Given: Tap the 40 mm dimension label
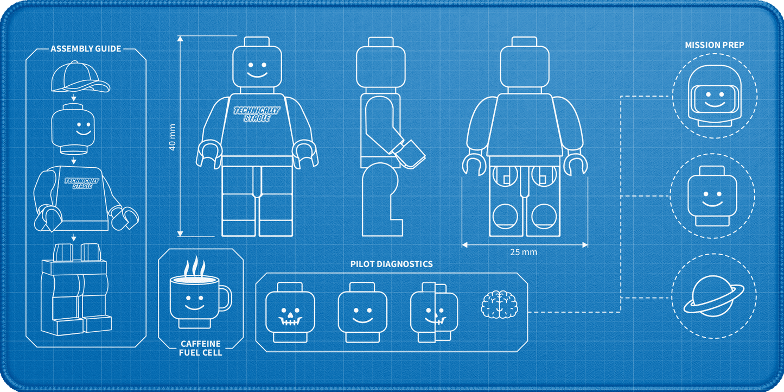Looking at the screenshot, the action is tap(172, 137).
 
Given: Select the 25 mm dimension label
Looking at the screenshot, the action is tap(523, 252).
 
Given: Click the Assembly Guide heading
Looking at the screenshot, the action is tap(86, 49).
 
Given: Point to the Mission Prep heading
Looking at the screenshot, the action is tap(715, 45).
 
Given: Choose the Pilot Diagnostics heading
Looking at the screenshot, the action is tap(391, 264).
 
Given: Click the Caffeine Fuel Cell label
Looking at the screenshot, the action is tap(201, 348).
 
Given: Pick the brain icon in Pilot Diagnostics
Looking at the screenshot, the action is tap(500, 305).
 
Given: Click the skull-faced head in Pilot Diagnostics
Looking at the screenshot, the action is tap(290, 312).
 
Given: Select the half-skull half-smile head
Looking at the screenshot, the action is tap(434, 312).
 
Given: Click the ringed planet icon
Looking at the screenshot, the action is tap(714, 296).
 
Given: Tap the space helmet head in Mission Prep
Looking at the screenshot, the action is tap(715, 96).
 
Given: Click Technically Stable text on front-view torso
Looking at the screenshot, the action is tap(257, 114).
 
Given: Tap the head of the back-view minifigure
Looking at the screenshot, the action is tap(524, 62).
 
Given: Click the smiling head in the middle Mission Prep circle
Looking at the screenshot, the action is tap(712, 196).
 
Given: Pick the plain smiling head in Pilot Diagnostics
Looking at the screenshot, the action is tap(362, 312).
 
